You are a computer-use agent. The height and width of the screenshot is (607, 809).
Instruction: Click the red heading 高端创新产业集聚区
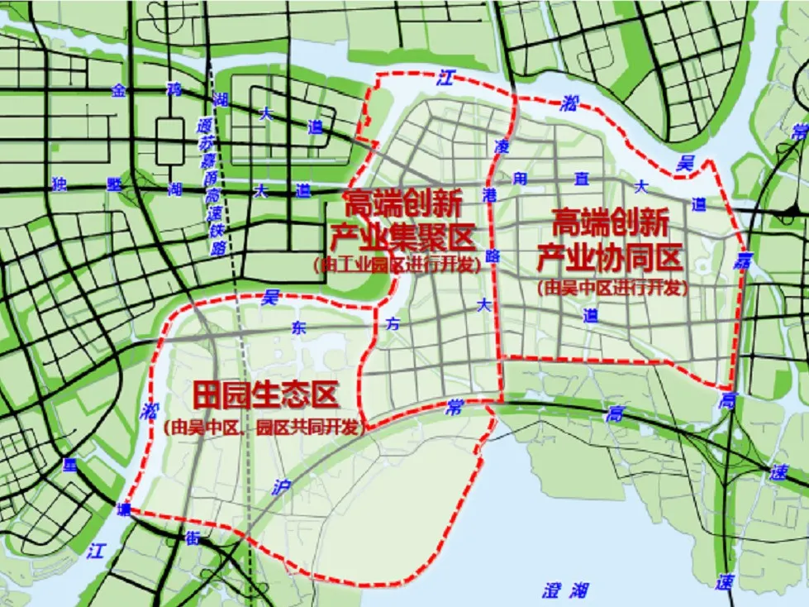click(402, 222)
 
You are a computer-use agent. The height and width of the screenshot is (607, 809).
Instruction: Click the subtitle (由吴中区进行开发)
click(612, 289)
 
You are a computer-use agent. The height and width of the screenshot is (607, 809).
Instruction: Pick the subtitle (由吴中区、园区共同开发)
click(264, 428)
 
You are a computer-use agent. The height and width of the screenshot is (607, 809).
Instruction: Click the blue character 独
click(57, 184)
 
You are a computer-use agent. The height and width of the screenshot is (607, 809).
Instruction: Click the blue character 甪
click(519, 177)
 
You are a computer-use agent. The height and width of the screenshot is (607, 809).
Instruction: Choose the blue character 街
click(192, 539)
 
